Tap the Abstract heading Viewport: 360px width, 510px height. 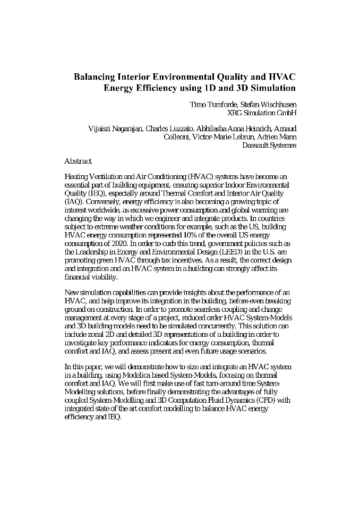click(78, 161)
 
